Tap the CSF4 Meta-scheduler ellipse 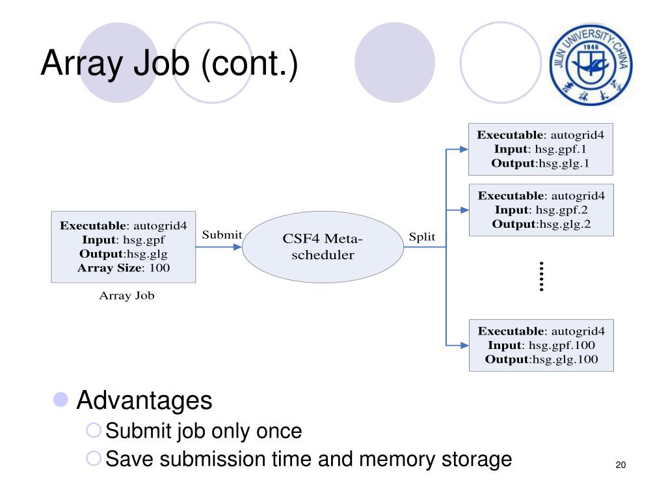[x=323, y=247]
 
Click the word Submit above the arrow [x=222, y=234]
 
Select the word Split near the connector [x=421, y=237]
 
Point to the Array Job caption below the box [x=127, y=296]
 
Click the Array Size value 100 [x=159, y=268]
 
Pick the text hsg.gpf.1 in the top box [x=561, y=149]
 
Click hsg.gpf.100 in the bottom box [x=561, y=345]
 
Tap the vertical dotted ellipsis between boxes [x=541, y=276]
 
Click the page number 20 [x=620, y=465]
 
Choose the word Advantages [x=144, y=400]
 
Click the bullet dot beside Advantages [x=60, y=399]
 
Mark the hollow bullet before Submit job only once [x=94, y=430]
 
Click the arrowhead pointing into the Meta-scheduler [x=237, y=247]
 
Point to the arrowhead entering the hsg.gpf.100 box [x=464, y=345]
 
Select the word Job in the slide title [x=161, y=63]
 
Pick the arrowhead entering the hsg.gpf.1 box [x=464, y=149]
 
